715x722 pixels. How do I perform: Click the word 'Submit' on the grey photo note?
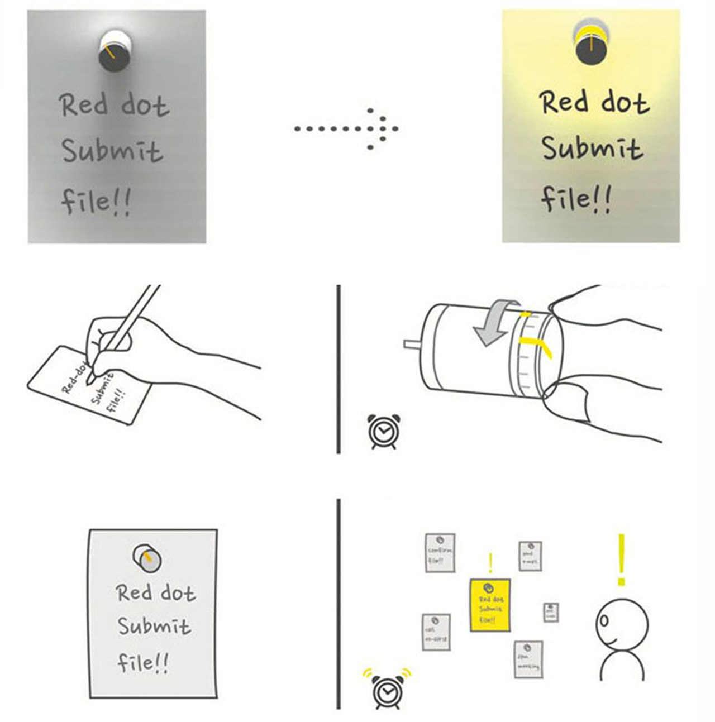(x=112, y=151)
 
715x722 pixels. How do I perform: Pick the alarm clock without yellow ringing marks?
(x=384, y=431)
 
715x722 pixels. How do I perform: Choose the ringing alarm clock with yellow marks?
(x=385, y=690)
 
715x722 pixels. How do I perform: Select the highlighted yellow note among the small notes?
(x=490, y=605)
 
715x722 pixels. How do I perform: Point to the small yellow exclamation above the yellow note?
(x=490, y=563)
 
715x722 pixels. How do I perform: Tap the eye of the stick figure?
(x=603, y=620)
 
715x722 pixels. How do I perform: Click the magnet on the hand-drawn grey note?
(x=147, y=558)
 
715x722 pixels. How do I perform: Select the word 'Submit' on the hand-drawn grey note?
(x=154, y=627)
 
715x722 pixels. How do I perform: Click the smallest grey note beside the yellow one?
(x=551, y=612)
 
